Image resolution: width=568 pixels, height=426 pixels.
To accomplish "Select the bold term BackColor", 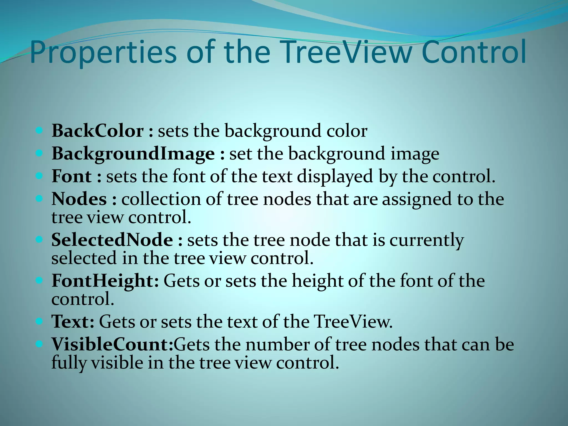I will [x=98, y=131].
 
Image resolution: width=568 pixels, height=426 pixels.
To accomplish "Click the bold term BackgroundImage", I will [x=133, y=154].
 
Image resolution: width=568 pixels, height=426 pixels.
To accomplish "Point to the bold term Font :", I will [x=77, y=176].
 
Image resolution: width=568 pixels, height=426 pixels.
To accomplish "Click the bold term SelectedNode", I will [x=112, y=240].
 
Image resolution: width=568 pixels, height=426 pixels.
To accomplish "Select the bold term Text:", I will [x=73, y=322].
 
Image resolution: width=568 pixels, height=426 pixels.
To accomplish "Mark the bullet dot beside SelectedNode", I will [x=39, y=239].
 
